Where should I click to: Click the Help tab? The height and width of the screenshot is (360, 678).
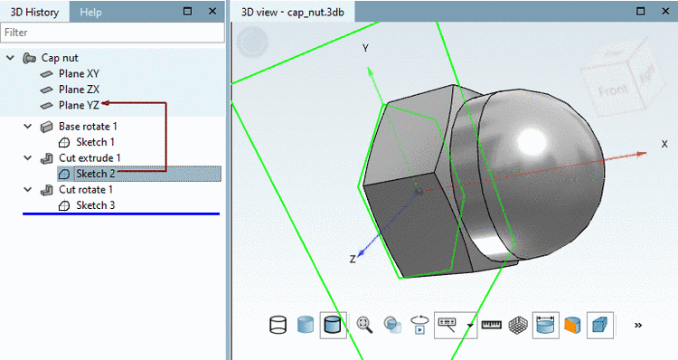click(x=90, y=12)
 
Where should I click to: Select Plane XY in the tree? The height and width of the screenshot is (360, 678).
click(x=79, y=73)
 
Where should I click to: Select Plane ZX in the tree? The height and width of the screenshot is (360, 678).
click(x=79, y=90)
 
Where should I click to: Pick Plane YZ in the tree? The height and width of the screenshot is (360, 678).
click(x=79, y=106)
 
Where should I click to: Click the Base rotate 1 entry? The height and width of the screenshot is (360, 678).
click(x=88, y=127)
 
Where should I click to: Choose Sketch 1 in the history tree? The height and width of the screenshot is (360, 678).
click(x=95, y=142)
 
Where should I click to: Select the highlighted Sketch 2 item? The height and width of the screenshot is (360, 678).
click(x=95, y=174)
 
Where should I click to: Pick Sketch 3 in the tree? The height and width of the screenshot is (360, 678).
click(x=95, y=205)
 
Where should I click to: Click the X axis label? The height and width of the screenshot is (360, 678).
click(x=664, y=144)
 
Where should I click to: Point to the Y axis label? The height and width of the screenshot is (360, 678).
click(x=365, y=48)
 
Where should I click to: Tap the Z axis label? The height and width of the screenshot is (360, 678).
click(x=353, y=260)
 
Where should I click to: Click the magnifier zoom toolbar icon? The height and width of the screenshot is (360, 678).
click(x=365, y=324)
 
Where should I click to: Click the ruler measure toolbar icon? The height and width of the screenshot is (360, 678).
click(x=492, y=324)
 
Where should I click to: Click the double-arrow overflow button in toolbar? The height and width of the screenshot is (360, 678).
click(x=638, y=324)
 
